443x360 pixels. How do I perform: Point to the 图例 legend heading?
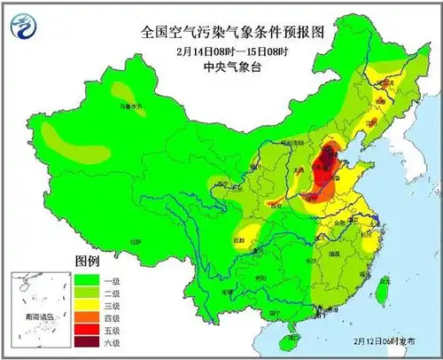87,262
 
